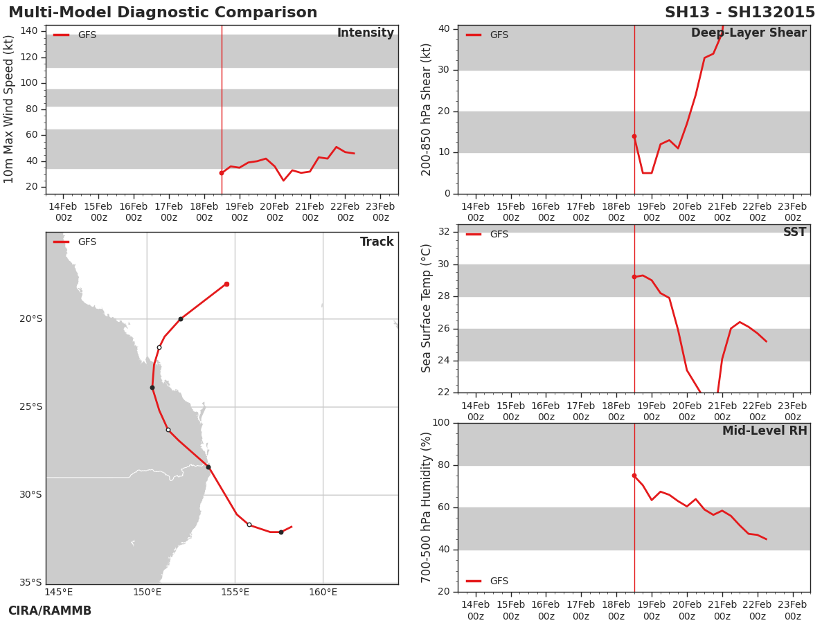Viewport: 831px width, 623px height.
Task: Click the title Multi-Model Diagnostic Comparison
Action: [x=163, y=12]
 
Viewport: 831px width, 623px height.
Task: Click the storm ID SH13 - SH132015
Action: [x=740, y=12]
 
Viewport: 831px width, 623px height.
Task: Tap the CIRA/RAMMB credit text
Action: [x=50, y=610]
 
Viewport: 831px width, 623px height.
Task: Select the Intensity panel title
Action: [x=366, y=33]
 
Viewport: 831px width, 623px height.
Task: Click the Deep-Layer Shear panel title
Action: [x=749, y=33]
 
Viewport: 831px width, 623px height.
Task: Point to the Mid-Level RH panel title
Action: [x=765, y=431]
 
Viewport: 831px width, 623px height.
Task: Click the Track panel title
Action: [x=377, y=242]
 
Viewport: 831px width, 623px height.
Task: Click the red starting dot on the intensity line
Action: [x=222, y=173]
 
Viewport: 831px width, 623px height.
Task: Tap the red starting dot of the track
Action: [x=226, y=284]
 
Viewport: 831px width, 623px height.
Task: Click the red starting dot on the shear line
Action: [x=634, y=136]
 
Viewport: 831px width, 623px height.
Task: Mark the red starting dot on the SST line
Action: [x=634, y=277]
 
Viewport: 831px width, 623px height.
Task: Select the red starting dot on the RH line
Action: [x=634, y=476]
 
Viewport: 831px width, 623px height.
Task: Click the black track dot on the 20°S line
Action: [x=181, y=319]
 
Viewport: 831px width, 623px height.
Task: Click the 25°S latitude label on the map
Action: [x=31, y=406]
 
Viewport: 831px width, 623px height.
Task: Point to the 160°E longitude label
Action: [x=323, y=592]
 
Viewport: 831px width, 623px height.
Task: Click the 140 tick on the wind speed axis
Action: [x=29, y=30]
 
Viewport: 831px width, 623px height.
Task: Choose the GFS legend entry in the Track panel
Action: [x=75, y=242]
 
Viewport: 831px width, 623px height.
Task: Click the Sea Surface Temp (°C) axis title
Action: [x=426, y=308]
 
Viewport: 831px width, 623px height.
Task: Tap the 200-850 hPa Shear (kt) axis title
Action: [x=426, y=109]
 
